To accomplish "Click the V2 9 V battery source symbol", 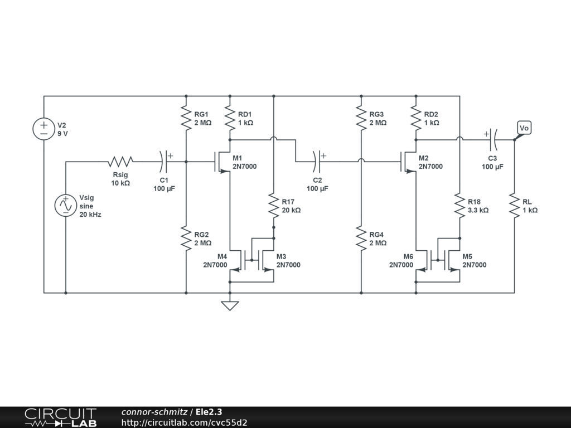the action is pos(43,129).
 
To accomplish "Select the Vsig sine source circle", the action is pos(66,206).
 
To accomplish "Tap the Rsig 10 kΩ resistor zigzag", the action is pos(120,162).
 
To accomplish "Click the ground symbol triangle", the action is pos(230,306).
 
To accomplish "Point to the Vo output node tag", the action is pos(524,128).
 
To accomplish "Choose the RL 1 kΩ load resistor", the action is pos(515,206).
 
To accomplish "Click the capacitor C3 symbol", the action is pos(493,139).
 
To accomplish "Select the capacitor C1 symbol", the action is pos(164,162).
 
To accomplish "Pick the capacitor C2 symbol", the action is pos(318,162).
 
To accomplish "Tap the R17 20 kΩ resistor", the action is pos(274,206).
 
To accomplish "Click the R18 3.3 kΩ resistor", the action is pos(460,206).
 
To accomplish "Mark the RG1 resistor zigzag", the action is pos(186,118).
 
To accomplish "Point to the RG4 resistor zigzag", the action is pos(361,239).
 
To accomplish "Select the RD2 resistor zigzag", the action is pos(416,118).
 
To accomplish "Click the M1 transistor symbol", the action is pos(222,162).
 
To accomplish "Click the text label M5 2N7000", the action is pos(474,261).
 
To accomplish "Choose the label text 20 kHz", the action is pos(90,215).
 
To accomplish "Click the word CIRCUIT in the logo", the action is pos(60,414).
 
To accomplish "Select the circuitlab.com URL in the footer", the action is pos(184,422).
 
